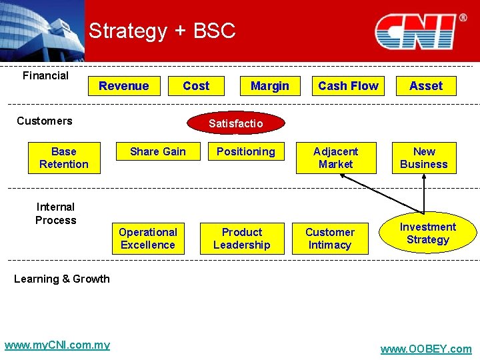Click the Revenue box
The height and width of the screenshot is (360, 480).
(124, 86)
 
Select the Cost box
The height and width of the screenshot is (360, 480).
(195, 86)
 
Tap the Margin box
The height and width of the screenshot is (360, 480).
(269, 86)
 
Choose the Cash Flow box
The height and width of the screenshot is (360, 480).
(348, 86)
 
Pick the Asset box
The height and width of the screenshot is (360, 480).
(426, 86)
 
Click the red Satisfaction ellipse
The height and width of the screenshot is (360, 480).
(236, 123)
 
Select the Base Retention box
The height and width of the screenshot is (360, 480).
(64, 158)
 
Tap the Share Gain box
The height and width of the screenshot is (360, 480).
(158, 152)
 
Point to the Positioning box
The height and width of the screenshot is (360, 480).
(245, 152)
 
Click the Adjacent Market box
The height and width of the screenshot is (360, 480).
(336, 158)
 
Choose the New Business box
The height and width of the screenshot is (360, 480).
(424, 158)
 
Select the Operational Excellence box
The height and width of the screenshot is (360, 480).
(148, 239)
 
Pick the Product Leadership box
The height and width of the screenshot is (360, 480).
(242, 239)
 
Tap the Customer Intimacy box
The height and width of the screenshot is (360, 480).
(330, 239)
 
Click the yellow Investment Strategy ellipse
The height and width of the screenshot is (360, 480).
(428, 233)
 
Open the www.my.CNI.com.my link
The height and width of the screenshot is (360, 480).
(57, 345)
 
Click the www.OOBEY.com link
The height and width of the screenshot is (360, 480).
(425, 349)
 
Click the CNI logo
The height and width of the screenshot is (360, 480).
(417, 32)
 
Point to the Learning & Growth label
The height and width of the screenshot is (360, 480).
(62, 279)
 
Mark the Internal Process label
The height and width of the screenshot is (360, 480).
(56, 213)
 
